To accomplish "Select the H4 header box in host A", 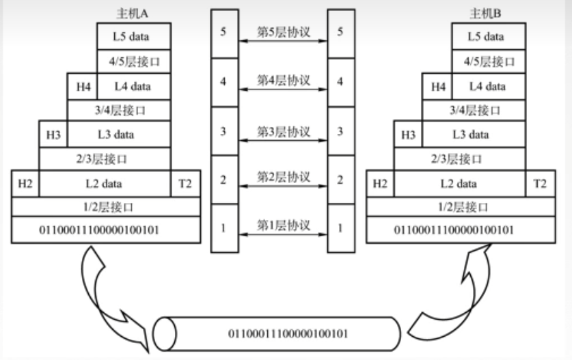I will [x=81, y=86].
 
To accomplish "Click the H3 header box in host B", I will [x=408, y=135].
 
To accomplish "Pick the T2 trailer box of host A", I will [x=185, y=183].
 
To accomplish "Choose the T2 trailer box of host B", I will [x=540, y=183].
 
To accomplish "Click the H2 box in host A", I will [x=25, y=183].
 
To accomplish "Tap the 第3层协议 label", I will [x=283, y=129].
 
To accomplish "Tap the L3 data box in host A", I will [x=118, y=135].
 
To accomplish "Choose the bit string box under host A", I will [x=106, y=230].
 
